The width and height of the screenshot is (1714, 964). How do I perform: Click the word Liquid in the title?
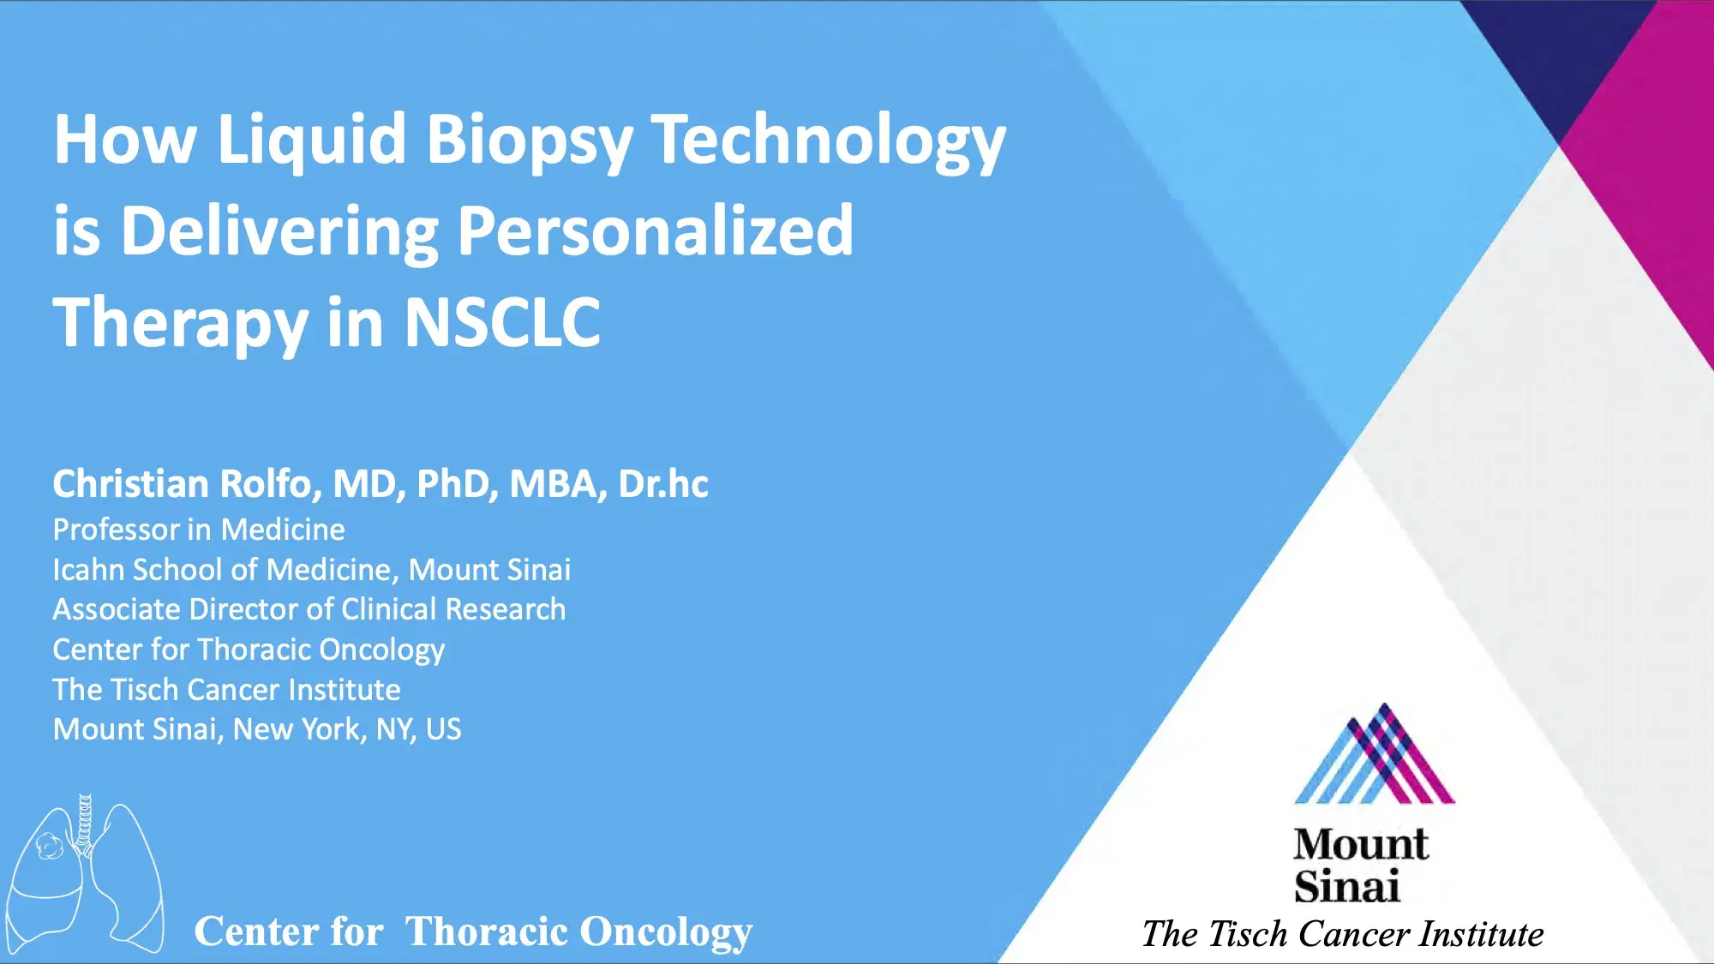[311, 140]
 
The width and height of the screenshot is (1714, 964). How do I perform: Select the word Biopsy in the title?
[529, 140]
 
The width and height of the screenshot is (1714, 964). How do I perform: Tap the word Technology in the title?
[828, 140]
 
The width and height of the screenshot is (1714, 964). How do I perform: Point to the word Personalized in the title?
[656, 231]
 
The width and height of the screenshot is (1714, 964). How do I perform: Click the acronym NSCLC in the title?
[502, 323]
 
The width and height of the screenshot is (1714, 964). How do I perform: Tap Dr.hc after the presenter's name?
[663, 484]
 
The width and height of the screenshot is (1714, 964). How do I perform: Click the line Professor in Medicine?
[199, 530]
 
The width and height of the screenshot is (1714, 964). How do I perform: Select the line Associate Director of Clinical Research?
[309, 609]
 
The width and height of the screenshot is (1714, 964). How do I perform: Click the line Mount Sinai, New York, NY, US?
[257, 729]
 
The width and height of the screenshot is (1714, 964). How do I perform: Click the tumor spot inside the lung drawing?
[49, 847]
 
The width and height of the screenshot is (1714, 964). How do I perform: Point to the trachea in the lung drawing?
[85, 823]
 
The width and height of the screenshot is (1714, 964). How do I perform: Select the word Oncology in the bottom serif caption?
[665, 931]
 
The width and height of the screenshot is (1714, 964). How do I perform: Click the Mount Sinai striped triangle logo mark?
[1374, 758]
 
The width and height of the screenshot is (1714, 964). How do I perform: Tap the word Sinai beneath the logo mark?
[1346, 887]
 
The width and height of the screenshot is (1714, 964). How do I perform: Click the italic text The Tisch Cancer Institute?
[1342, 934]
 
